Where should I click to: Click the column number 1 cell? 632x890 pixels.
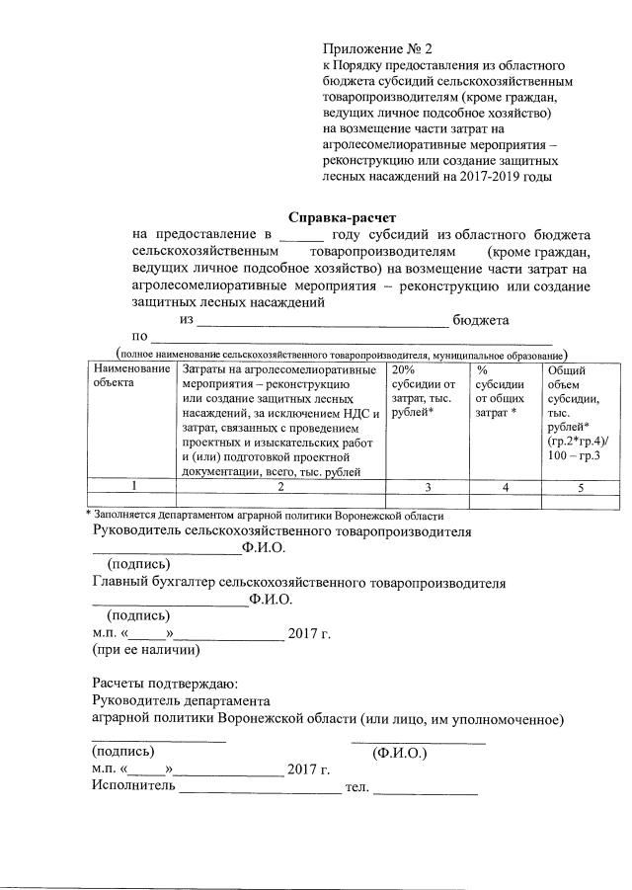(x=131, y=485)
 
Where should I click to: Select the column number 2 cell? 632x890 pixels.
(x=280, y=485)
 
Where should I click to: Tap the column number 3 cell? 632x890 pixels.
(x=427, y=485)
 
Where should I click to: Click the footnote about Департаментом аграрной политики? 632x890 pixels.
(x=267, y=515)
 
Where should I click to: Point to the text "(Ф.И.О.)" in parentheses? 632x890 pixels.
(x=399, y=753)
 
